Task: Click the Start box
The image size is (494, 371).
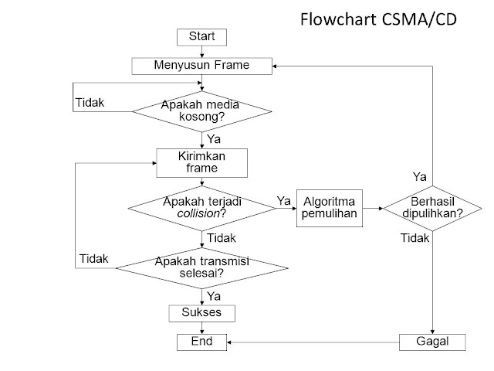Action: (x=202, y=36)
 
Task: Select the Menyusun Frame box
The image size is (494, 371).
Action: (x=201, y=66)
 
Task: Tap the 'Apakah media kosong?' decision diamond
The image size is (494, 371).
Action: (x=202, y=111)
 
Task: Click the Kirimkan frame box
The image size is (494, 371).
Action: (x=202, y=162)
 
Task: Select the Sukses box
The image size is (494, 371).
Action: (x=202, y=313)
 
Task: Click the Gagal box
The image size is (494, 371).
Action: (x=434, y=341)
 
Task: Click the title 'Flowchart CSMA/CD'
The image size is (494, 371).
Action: (x=378, y=20)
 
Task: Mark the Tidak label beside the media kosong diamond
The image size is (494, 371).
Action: (x=90, y=102)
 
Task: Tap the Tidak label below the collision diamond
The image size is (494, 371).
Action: (x=222, y=238)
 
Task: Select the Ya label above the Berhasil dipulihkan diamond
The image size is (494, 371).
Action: (x=420, y=176)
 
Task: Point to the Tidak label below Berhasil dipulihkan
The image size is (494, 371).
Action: (x=414, y=238)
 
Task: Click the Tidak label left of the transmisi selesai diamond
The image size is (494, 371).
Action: (x=94, y=258)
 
